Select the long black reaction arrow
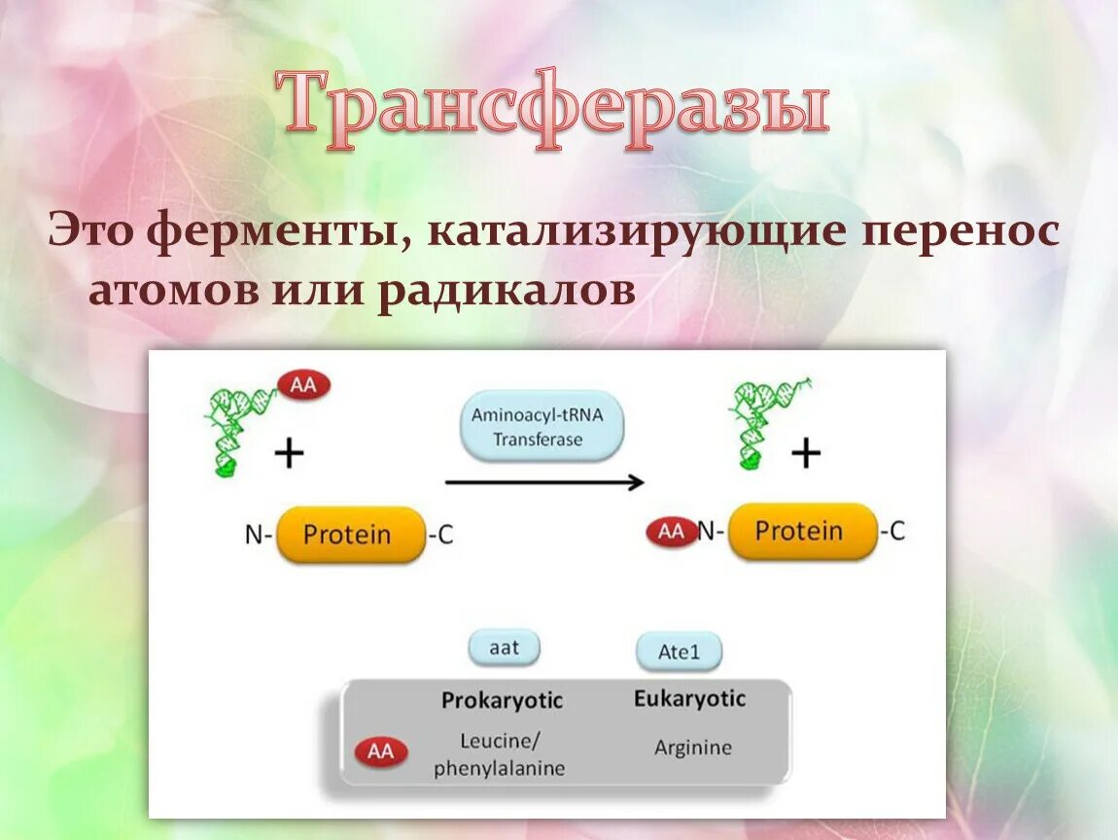pyautogui.click(x=544, y=481)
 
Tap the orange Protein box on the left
pyautogui.click(x=349, y=534)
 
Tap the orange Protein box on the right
pyautogui.click(x=801, y=531)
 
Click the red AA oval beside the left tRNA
pyautogui.click(x=304, y=385)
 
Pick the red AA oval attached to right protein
pyautogui.click(x=672, y=532)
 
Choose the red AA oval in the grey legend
pyautogui.click(x=381, y=752)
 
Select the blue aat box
pyautogui.click(x=504, y=647)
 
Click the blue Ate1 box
pyautogui.click(x=679, y=651)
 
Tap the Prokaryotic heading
pyautogui.click(x=502, y=701)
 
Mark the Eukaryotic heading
pyautogui.click(x=689, y=699)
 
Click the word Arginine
pyautogui.click(x=692, y=749)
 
